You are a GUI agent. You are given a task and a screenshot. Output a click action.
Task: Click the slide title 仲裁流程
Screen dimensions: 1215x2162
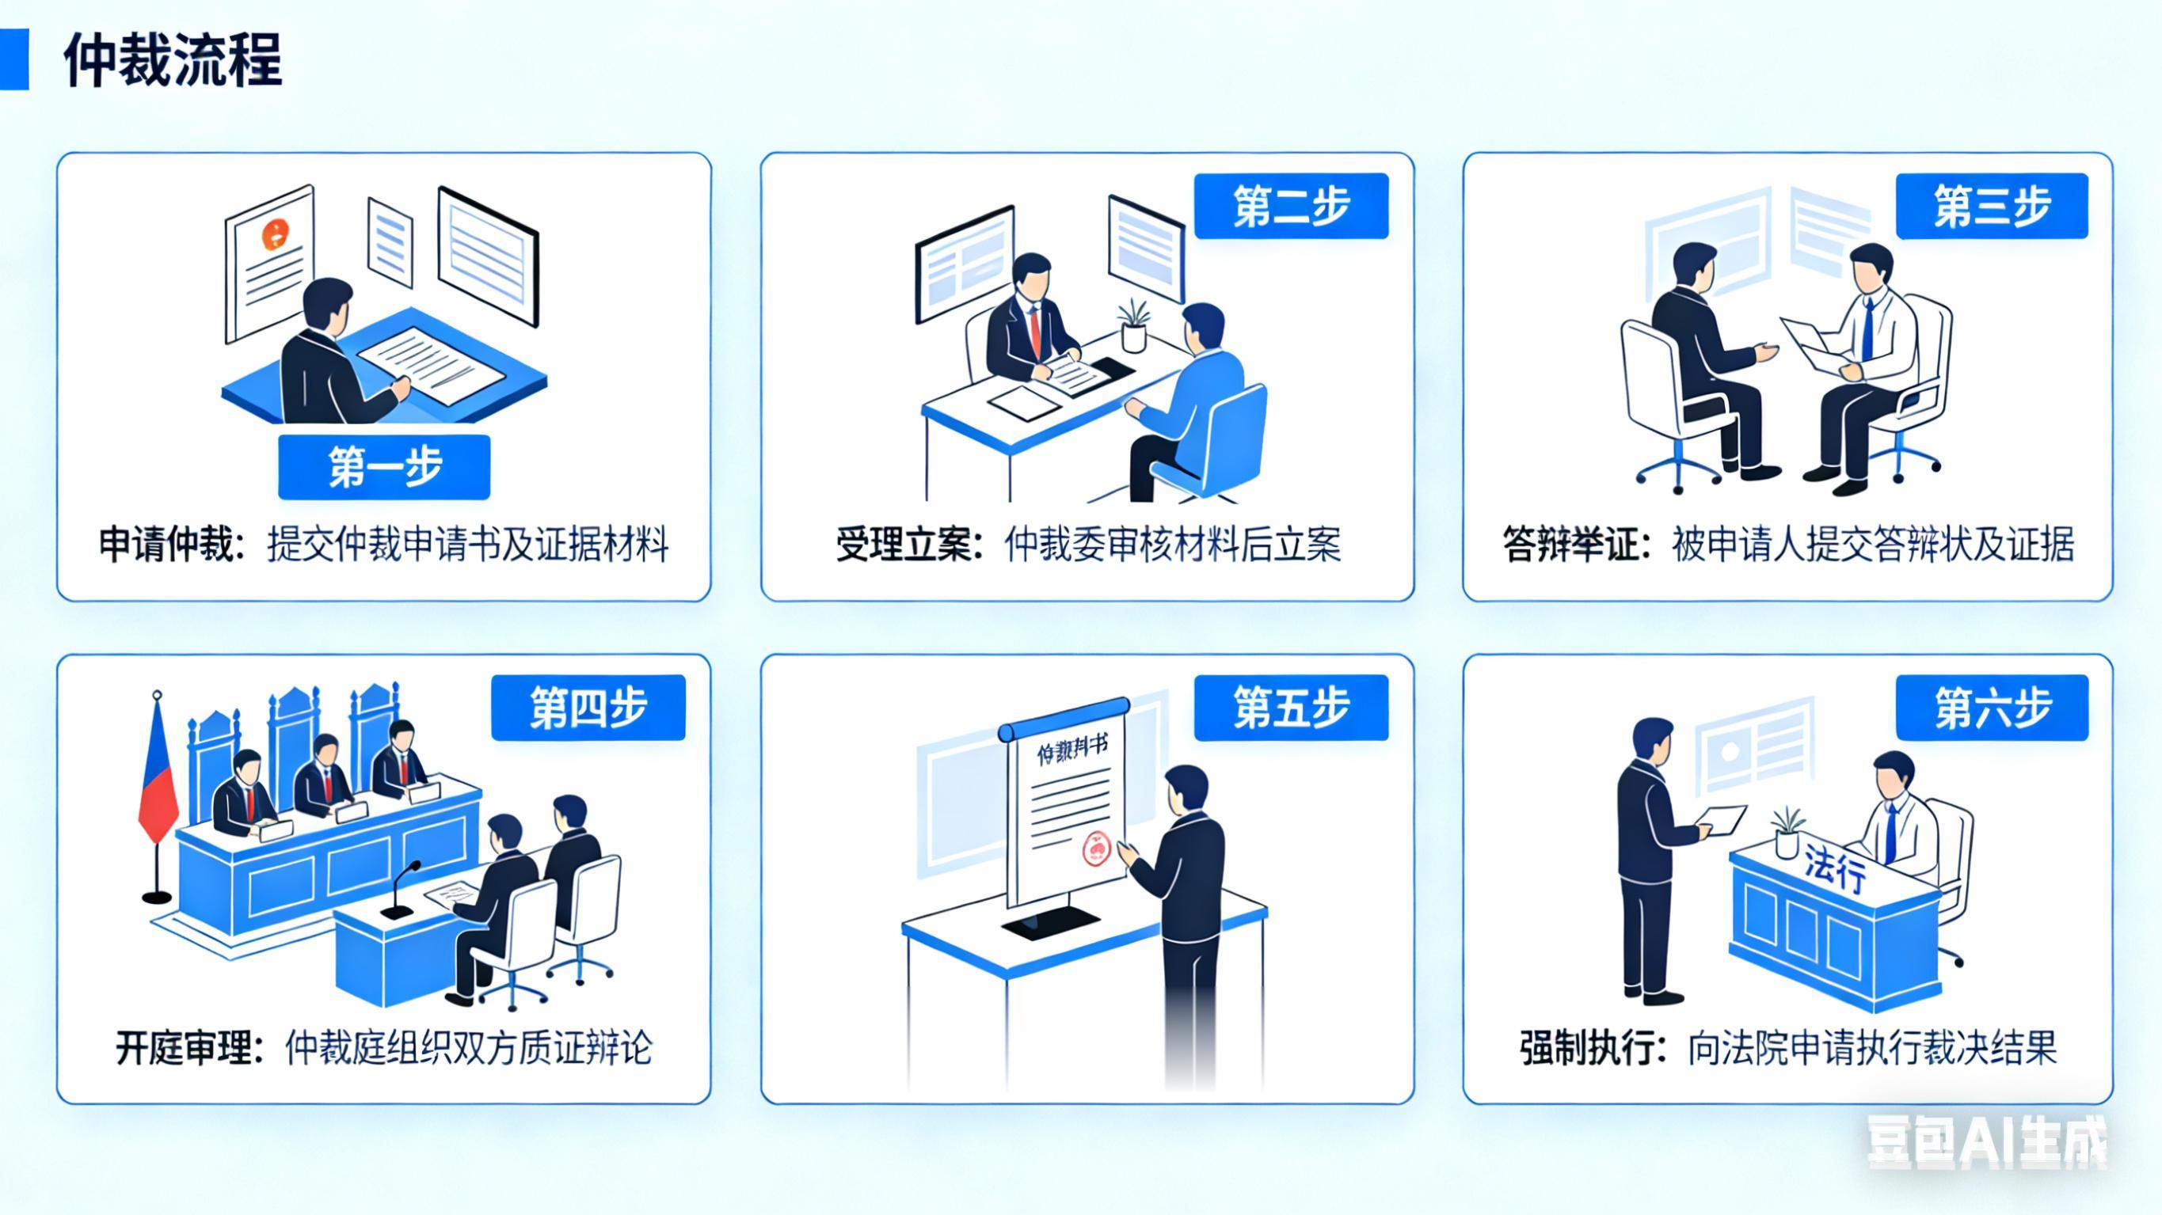(173, 60)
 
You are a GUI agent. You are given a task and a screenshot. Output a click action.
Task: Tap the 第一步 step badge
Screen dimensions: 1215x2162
(384, 466)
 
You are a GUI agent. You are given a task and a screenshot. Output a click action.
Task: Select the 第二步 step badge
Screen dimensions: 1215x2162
(1291, 207)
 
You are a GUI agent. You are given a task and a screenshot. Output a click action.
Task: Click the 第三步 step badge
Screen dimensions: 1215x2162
(1992, 207)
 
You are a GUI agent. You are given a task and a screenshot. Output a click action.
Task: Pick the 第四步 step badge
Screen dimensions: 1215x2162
(588, 708)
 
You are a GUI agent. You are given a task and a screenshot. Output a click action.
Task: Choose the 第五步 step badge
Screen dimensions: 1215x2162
(1291, 708)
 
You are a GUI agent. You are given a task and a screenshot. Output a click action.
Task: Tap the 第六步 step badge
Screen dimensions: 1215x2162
(1992, 708)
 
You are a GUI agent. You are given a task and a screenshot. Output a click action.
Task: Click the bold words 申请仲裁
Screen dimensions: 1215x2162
(167, 545)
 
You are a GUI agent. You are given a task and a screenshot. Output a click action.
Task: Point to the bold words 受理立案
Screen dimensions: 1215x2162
(904, 545)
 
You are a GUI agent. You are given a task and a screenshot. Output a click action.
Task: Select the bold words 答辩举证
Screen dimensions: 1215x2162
(1570, 545)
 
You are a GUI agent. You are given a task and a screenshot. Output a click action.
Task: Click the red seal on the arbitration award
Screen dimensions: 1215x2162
(1096, 849)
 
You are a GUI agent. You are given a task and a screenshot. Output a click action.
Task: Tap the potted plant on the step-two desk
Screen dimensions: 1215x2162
(1134, 325)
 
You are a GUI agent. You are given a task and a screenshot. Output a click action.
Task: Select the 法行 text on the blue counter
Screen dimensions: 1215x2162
(1835, 868)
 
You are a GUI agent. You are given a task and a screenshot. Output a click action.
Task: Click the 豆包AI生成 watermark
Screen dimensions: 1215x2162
(1985, 1143)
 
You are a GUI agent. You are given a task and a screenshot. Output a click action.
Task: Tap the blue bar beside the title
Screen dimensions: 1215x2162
(14, 59)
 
